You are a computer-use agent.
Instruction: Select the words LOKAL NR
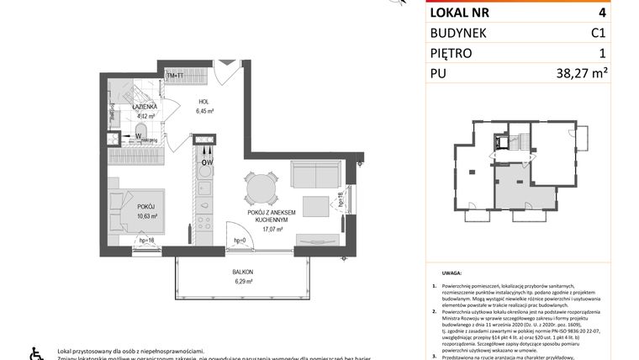coord(459,13)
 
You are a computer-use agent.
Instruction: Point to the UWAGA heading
coord(449,273)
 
